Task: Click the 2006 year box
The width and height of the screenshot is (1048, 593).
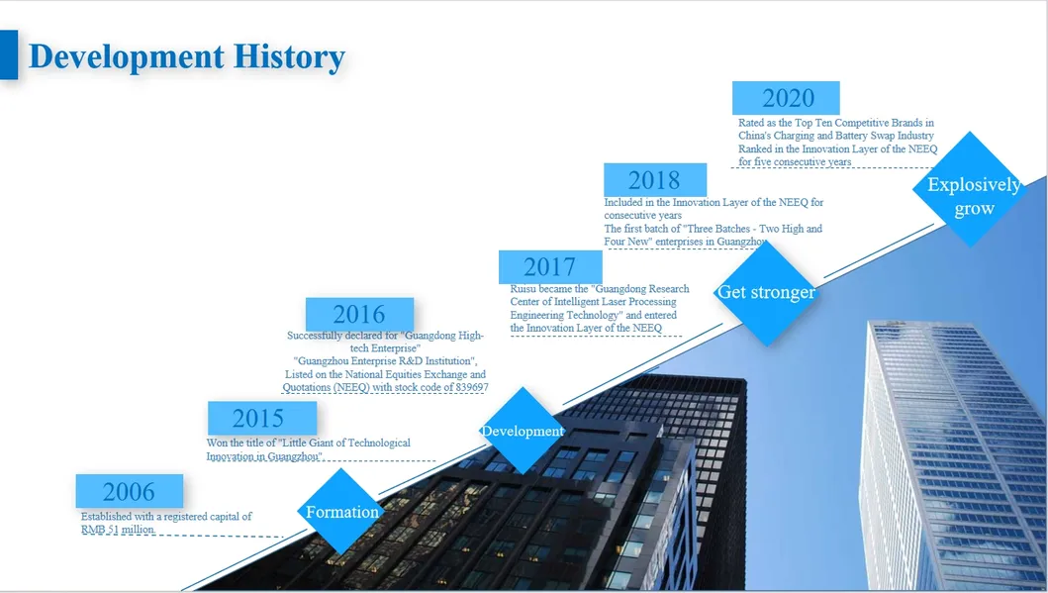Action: (x=129, y=491)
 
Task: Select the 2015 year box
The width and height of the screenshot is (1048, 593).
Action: (x=262, y=418)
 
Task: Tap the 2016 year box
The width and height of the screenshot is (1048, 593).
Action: (x=359, y=314)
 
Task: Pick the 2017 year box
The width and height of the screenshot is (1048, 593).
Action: (x=550, y=266)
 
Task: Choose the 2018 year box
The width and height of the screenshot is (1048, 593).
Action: (x=655, y=180)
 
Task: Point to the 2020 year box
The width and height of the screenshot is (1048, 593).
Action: (x=786, y=98)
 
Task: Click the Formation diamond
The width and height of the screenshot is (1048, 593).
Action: (x=341, y=512)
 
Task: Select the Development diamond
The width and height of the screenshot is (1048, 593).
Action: (x=523, y=431)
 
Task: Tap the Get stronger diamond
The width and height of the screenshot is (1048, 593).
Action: (x=766, y=292)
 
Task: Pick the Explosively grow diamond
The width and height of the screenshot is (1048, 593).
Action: (x=970, y=190)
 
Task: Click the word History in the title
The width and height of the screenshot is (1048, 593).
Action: (x=289, y=56)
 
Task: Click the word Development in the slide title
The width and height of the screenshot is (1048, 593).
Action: (x=127, y=57)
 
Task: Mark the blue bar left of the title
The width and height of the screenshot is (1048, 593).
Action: (x=9, y=54)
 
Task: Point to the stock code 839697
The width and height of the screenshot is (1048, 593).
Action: (x=472, y=387)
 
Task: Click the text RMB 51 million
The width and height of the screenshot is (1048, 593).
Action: (x=118, y=530)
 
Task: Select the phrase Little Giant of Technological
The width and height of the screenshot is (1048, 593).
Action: (x=344, y=443)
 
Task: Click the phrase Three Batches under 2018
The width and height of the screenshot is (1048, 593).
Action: (x=719, y=229)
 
